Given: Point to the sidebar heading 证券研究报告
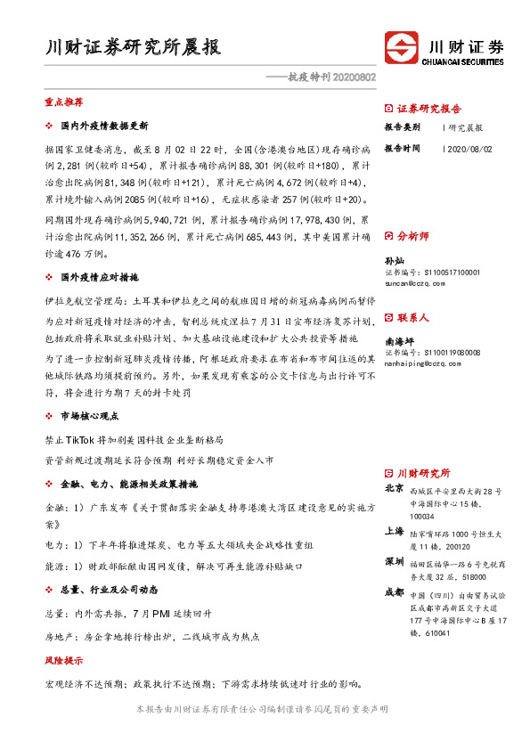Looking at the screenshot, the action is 428,109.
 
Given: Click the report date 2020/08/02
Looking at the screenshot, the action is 468,149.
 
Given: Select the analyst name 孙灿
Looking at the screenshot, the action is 393,259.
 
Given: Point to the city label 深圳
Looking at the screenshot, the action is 394,563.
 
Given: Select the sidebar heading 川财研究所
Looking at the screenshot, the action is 423,473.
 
